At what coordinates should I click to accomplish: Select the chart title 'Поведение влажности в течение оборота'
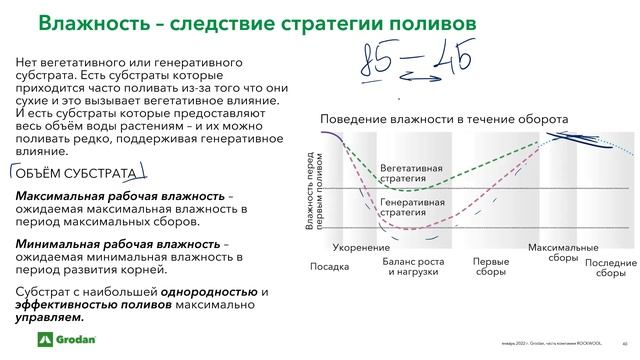444,119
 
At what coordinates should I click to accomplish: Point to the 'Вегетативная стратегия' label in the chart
413,173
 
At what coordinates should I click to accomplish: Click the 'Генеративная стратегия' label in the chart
412,207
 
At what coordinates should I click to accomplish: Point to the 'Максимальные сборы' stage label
563,252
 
